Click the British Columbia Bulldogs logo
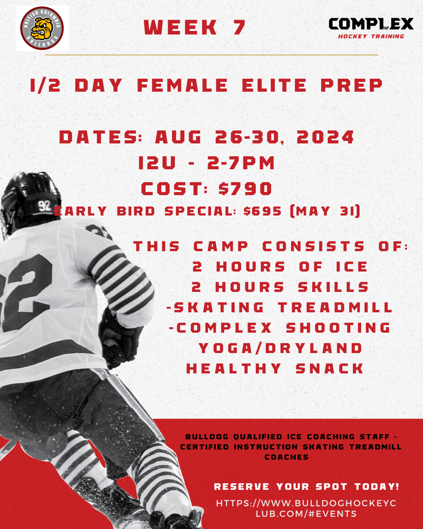[42, 28]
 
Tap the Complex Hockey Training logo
[371, 28]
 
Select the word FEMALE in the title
[183, 85]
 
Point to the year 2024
[325, 137]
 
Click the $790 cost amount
[245, 188]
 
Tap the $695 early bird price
[262, 211]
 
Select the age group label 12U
[157, 163]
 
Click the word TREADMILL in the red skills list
[335, 307]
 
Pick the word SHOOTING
[338, 328]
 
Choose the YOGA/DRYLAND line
[280, 348]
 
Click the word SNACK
[329, 368]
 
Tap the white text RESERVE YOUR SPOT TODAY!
[306, 486]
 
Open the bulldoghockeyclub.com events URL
[306, 508]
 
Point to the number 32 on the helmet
[45, 205]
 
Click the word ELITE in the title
[274, 85]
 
